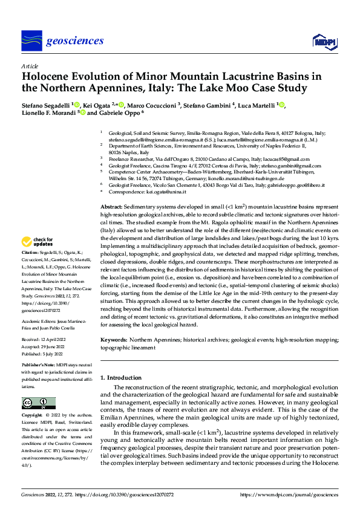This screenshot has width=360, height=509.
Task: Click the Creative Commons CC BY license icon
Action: (35, 403)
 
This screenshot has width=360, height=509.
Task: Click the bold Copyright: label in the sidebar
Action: (34, 416)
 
